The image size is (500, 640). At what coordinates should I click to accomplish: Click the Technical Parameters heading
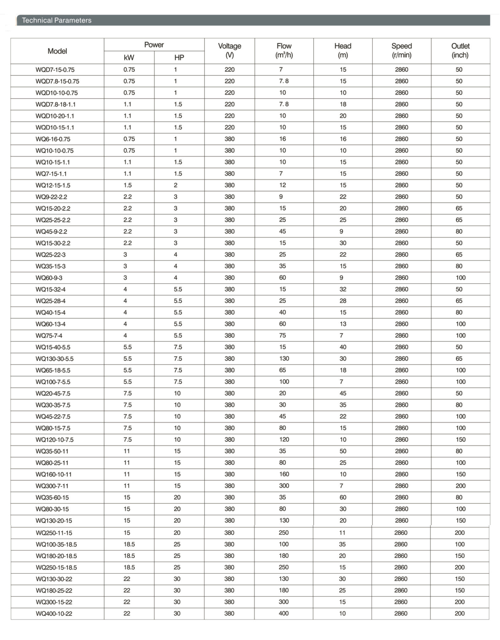(x=57, y=20)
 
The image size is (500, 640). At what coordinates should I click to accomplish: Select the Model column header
(x=57, y=51)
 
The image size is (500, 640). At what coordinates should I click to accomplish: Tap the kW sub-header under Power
(x=129, y=58)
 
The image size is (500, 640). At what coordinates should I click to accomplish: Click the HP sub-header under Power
(x=179, y=58)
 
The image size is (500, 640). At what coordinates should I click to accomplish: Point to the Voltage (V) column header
(x=229, y=50)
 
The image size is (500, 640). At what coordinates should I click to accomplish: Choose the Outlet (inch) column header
(x=460, y=50)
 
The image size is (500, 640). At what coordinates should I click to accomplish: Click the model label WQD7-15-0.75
(x=55, y=70)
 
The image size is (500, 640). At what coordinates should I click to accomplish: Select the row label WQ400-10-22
(x=54, y=613)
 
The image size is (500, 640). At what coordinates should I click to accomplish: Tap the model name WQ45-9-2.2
(x=51, y=231)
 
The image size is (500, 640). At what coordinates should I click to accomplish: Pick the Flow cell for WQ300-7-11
(x=284, y=486)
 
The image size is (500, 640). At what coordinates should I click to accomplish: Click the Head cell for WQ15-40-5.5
(x=343, y=347)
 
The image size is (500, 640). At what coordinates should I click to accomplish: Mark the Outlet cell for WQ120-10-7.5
(x=461, y=439)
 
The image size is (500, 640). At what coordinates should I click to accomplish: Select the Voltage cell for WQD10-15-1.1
(x=229, y=127)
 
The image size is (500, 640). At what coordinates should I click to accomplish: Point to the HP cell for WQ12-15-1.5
(x=176, y=185)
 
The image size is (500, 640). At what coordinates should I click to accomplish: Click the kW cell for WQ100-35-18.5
(x=129, y=544)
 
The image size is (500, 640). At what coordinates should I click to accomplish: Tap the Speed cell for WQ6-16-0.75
(x=401, y=139)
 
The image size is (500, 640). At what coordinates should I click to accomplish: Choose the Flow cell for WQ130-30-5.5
(x=284, y=358)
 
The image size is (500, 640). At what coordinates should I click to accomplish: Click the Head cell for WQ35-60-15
(x=343, y=497)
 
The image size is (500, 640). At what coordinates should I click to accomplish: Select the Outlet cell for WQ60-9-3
(x=461, y=278)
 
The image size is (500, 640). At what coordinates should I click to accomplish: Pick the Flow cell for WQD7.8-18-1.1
(x=284, y=104)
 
